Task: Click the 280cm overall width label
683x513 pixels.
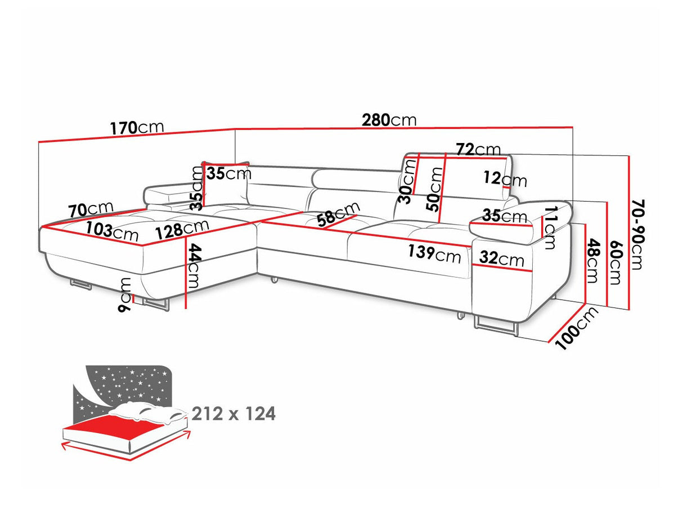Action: point(389,120)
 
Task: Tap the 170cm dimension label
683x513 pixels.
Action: point(137,127)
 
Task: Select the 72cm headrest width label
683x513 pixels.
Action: point(479,149)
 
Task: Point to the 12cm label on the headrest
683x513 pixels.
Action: point(505,180)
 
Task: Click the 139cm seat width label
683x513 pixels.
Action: point(434,254)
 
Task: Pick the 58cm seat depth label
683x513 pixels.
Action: point(338,215)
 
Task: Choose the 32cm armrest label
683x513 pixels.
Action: point(501,258)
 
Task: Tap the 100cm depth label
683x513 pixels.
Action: point(577,328)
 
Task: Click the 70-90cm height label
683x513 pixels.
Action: point(638,235)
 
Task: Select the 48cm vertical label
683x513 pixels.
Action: point(592,261)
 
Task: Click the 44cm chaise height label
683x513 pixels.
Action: point(195,265)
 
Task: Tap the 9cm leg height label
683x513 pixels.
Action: point(125,295)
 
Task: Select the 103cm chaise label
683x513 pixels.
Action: point(112,231)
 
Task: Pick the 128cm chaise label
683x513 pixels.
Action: point(182,229)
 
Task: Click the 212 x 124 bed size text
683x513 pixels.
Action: point(233,414)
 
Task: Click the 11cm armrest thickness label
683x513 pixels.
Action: point(549,227)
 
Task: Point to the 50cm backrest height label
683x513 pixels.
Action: point(435,189)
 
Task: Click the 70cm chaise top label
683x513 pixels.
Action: point(91,209)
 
